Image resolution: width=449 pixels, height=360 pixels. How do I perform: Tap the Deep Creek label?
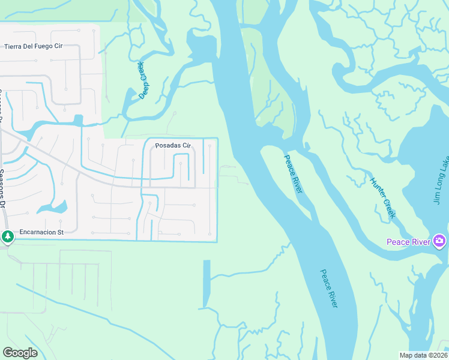pyautogui.click(x=143, y=80)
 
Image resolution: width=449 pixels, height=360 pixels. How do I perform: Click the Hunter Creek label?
pyautogui.click(x=382, y=199)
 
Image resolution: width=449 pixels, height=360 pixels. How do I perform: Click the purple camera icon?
pyautogui.click(x=439, y=241)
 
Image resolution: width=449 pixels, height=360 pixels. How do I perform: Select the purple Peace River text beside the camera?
pyautogui.click(x=408, y=242)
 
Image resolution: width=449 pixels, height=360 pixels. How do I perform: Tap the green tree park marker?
pyautogui.click(x=7, y=237)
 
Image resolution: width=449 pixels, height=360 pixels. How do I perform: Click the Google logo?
pyautogui.click(x=20, y=352)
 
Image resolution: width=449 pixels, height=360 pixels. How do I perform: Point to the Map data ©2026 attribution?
pyautogui.click(x=423, y=355)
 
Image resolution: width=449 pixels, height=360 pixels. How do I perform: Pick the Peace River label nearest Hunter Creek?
pyautogui.click(x=292, y=173)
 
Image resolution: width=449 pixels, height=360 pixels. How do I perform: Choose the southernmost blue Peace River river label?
pyautogui.click(x=328, y=289)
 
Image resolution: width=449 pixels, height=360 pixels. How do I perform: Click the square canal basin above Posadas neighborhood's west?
pyautogui.click(x=77, y=121)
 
